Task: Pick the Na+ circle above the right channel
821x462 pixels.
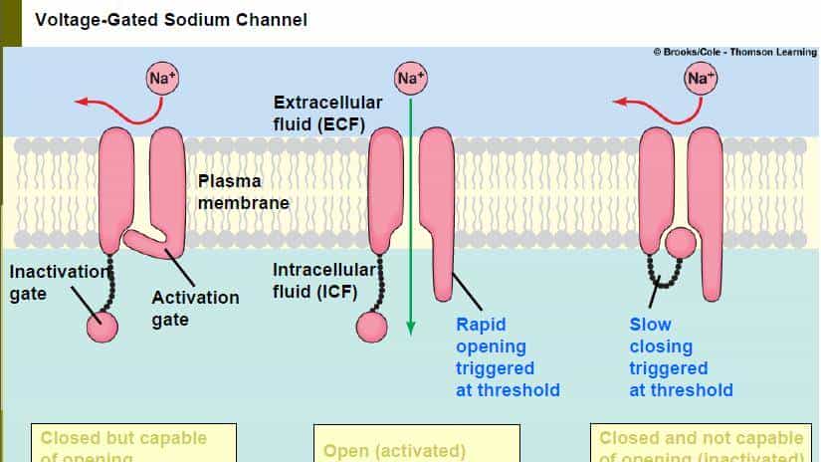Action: [700, 78]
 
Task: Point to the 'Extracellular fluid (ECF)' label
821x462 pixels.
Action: [320, 114]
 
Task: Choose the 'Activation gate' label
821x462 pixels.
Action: [195, 308]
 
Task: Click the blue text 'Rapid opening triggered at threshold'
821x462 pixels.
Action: [508, 356]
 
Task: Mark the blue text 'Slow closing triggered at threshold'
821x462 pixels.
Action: [681, 356]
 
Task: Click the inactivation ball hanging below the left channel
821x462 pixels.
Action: [103, 326]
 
